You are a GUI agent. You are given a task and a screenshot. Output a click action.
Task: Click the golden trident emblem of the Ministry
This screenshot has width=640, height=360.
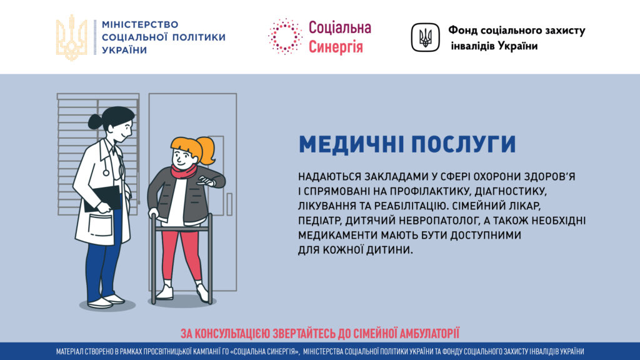(x=71, y=37)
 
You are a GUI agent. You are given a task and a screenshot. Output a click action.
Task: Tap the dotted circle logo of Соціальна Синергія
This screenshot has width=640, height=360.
(x=285, y=36)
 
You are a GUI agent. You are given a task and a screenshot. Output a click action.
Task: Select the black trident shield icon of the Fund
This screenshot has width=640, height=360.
(x=425, y=37)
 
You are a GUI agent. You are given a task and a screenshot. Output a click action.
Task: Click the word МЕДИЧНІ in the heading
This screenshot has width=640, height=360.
(x=351, y=144)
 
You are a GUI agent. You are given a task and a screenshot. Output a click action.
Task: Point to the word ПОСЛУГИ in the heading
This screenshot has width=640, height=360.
(x=464, y=144)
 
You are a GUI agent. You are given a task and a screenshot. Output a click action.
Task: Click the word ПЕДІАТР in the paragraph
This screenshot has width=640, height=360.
(x=319, y=221)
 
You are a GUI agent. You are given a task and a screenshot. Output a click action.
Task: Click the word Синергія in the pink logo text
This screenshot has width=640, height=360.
(x=336, y=46)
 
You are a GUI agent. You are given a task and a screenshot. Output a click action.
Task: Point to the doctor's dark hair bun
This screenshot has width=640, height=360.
(x=96, y=121)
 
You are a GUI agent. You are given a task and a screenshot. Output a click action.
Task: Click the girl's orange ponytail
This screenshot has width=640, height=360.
(x=206, y=150)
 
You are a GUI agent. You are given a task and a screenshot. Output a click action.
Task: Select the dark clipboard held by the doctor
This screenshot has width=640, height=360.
(x=102, y=198)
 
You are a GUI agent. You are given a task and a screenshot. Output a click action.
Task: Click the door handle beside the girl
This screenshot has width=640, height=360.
(x=229, y=204)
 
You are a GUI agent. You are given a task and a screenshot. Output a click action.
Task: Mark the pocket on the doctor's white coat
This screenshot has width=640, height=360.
(x=100, y=225)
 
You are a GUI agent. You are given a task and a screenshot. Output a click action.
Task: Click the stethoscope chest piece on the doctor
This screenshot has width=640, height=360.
(x=106, y=173)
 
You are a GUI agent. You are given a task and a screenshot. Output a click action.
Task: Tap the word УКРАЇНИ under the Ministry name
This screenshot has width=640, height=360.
(x=124, y=50)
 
